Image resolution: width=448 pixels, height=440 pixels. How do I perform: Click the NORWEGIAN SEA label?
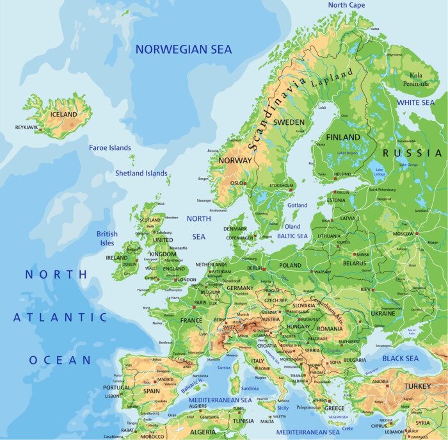point(184,49)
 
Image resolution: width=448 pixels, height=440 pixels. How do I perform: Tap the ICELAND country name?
point(63,115)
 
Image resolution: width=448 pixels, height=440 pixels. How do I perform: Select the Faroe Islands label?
point(110,148)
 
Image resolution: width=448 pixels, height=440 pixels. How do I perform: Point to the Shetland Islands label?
point(141,173)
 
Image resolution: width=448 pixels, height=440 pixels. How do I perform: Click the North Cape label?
point(346,5)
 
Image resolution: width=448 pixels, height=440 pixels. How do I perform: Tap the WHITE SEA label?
point(415,102)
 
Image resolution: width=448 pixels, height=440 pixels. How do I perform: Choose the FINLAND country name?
point(343,138)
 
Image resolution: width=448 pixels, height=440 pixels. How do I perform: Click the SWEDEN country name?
point(289,122)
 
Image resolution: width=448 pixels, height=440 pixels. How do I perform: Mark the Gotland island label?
point(298,206)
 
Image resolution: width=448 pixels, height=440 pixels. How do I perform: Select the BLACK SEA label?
point(400,359)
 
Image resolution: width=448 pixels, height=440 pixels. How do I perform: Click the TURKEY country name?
point(417,386)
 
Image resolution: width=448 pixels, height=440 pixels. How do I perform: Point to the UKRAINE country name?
point(383,314)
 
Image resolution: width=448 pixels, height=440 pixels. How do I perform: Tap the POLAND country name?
point(290,265)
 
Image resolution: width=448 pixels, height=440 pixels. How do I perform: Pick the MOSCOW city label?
point(403,234)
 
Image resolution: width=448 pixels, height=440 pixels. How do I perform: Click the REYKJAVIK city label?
point(27,127)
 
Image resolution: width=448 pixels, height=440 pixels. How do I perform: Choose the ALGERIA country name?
point(204,432)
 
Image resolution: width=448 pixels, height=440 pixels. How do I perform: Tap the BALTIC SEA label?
point(292,236)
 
